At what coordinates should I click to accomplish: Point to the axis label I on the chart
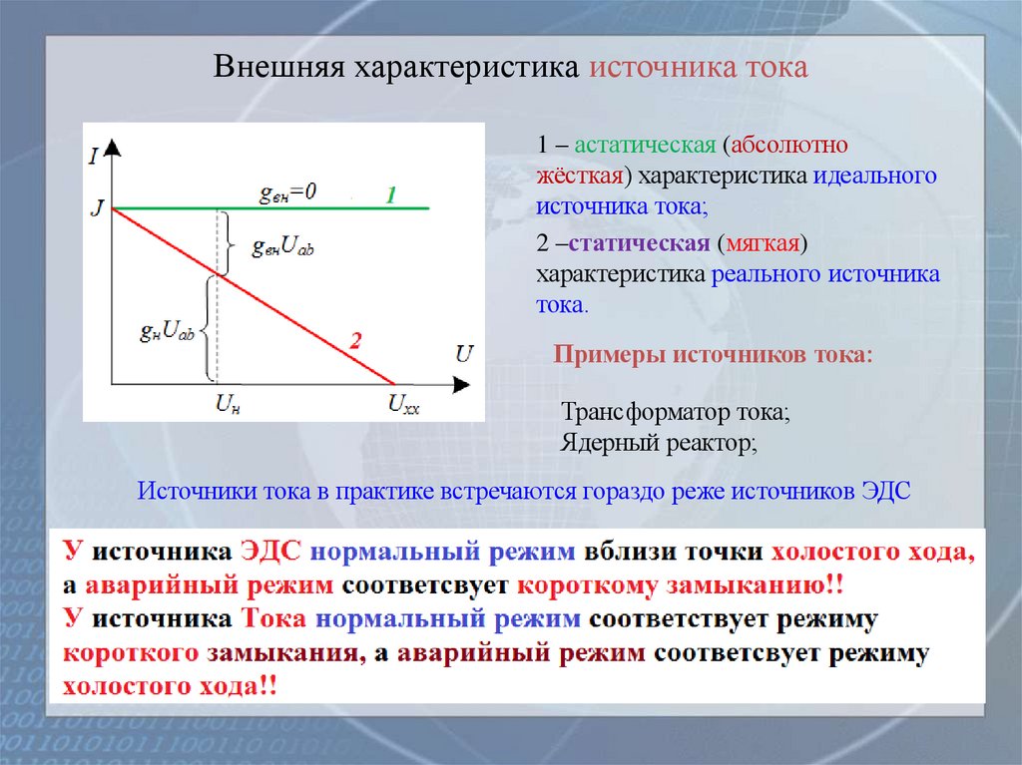(x=93, y=155)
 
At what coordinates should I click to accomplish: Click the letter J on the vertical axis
(x=96, y=207)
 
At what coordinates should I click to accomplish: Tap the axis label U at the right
(x=464, y=352)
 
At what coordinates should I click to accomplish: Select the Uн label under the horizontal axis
(x=228, y=404)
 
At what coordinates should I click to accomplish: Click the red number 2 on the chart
(x=354, y=342)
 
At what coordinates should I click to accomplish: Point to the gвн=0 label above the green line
(x=287, y=193)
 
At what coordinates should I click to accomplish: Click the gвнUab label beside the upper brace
(x=282, y=246)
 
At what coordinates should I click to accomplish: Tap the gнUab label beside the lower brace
(x=167, y=329)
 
